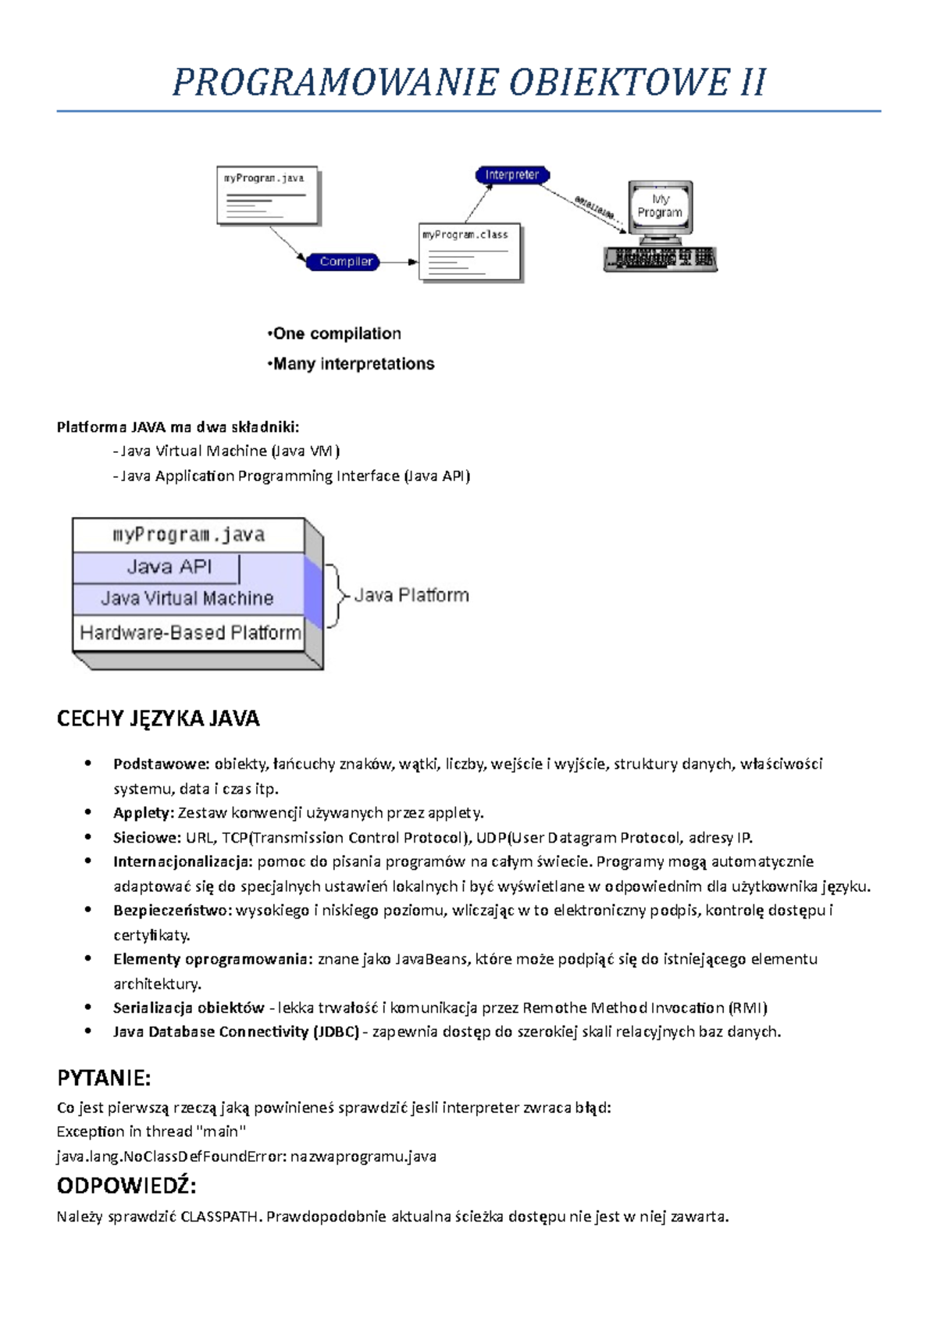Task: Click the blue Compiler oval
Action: click(x=344, y=262)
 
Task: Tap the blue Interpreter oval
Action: click(x=512, y=175)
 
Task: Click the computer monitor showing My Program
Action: click(x=660, y=208)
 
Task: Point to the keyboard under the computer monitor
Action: click(x=660, y=258)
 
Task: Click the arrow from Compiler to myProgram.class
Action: click(x=399, y=262)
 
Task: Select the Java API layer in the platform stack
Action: click(x=169, y=567)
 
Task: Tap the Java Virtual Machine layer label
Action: click(x=187, y=599)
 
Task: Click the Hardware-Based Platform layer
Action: click(x=190, y=633)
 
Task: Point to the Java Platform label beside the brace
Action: click(x=411, y=596)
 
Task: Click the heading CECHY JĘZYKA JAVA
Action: click(x=158, y=718)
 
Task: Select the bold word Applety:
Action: click(x=143, y=813)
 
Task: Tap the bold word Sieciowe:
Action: click(x=147, y=838)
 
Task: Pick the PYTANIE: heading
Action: click(x=104, y=1078)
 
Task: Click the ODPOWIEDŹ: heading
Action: click(x=126, y=1186)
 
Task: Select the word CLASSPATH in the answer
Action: click(x=219, y=1217)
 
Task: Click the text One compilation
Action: click(x=336, y=334)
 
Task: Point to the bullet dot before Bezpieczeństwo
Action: click(x=89, y=911)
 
